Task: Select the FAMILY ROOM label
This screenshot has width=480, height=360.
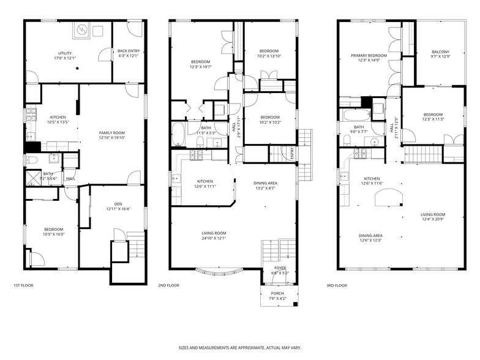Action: pos(112,133)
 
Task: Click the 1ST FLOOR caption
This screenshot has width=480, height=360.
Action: pos(23,285)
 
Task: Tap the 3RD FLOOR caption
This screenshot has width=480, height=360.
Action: pos(336,285)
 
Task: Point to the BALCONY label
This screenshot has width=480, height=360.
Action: pos(440,51)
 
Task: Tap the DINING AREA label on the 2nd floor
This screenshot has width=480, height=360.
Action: pos(264,183)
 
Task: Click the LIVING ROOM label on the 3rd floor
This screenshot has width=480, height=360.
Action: pos(432,214)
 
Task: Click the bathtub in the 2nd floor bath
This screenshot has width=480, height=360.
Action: pos(178,134)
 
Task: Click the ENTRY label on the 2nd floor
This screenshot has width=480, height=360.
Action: pos(293,156)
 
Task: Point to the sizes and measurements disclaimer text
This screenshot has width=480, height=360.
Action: pos(239,347)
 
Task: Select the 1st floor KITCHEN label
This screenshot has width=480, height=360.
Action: pos(58,117)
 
